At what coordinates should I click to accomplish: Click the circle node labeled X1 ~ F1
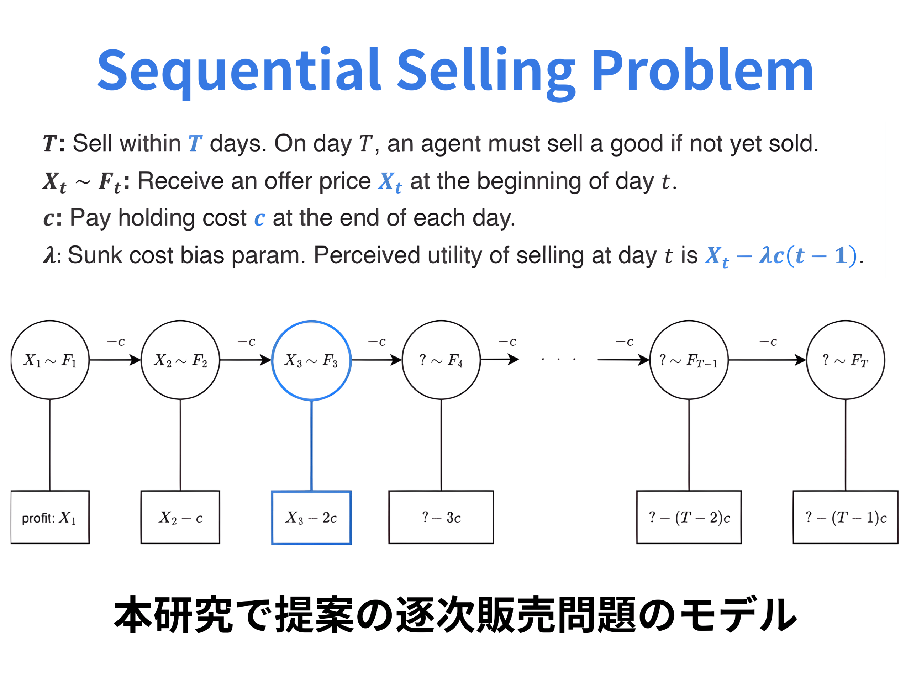[x=50, y=360]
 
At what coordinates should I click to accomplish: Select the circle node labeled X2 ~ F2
[x=180, y=360]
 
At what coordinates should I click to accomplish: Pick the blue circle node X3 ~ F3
[x=311, y=360]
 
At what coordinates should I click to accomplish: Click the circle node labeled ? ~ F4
[x=441, y=360]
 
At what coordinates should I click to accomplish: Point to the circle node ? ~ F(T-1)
[x=689, y=360]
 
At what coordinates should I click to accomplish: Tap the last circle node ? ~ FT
[x=845, y=360]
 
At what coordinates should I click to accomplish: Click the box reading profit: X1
[x=50, y=517]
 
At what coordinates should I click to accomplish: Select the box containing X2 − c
[x=180, y=517]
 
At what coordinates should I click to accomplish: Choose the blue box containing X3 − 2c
[x=311, y=518]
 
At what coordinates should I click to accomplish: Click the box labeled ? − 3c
[x=441, y=517]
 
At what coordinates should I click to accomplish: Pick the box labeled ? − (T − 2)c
[x=689, y=517]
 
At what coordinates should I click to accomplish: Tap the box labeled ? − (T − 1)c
[x=845, y=517]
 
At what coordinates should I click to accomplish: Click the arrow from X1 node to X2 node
[x=115, y=360]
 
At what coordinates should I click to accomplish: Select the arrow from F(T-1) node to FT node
[x=767, y=360]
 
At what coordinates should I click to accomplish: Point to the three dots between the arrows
[x=558, y=359]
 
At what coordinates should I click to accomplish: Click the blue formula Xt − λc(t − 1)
[x=780, y=256]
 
